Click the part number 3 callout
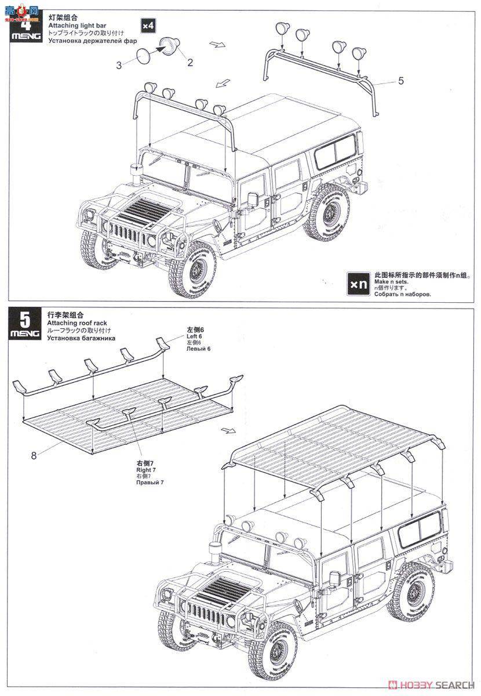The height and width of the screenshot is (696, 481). (119, 66)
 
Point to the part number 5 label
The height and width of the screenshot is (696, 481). (400, 81)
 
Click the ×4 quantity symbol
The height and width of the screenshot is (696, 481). (149, 26)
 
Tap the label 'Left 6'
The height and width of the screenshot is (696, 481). (194, 336)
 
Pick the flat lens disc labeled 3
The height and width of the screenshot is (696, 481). (143, 56)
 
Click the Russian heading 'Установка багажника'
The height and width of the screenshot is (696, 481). (81, 338)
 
